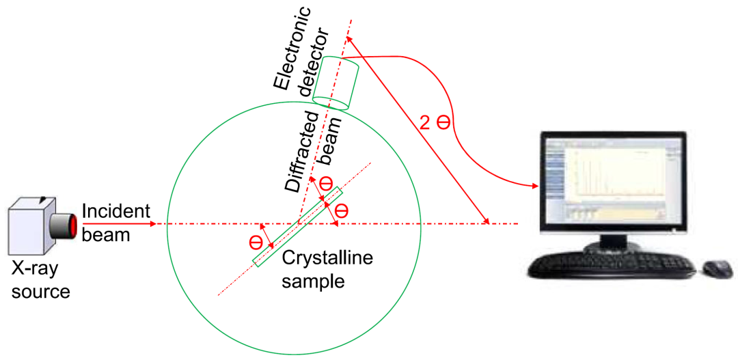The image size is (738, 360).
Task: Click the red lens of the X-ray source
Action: pos(69,226)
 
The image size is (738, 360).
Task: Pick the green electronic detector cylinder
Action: pos(336,83)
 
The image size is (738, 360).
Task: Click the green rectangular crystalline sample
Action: pos(297,226)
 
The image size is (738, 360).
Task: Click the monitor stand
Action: pos(607,241)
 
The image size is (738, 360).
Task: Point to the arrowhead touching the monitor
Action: pos(534,185)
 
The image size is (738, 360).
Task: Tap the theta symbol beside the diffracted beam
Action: pos(326,183)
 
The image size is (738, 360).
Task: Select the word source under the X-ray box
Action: pos(40,292)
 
